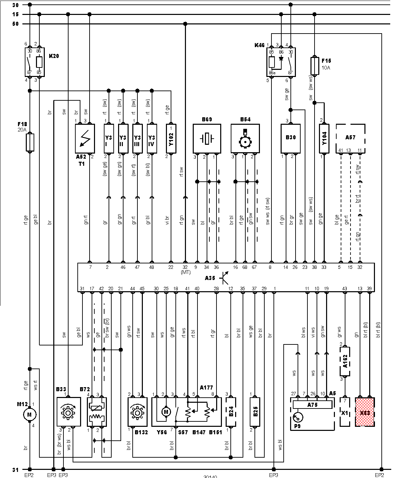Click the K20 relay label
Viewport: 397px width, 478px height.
tap(54, 56)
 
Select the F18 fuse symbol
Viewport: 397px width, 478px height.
tap(30, 142)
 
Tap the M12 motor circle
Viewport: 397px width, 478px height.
tap(30, 414)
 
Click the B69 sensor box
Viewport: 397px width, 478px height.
tap(207, 139)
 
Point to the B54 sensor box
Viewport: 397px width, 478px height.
tap(245, 139)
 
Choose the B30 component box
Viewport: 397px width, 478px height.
tap(290, 139)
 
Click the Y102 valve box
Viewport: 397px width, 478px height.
tap(171, 139)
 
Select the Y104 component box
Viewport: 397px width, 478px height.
tap(324, 139)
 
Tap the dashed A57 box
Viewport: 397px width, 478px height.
tap(351, 139)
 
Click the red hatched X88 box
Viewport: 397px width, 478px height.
tap(365, 412)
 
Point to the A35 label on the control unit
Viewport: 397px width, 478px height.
tap(210, 278)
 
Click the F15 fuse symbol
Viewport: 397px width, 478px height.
tap(315, 66)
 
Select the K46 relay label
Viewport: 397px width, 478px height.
tap(259, 45)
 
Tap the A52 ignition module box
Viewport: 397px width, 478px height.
tap(84, 139)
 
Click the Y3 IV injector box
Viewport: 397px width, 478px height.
tap(152, 139)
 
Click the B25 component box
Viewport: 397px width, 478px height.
tap(256, 412)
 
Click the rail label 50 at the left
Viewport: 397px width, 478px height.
tap(15, 24)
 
